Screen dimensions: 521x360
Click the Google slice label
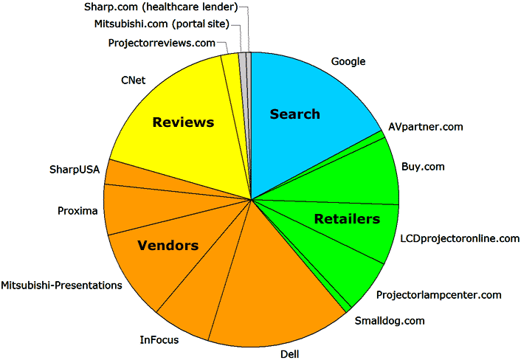[x=348, y=61]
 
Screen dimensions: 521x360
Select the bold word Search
[x=294, y=114]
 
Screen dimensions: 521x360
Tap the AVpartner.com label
[x=426, y=127]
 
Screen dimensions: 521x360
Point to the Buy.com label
[x=423, y=167]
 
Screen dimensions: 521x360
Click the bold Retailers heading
[x=347, y=219]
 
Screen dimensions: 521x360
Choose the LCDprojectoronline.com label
[x=460, y=238]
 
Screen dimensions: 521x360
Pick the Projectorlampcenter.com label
[x=438, y=295]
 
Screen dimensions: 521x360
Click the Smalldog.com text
[x=390, y=321]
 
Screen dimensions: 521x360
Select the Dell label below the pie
[x=290, y=354]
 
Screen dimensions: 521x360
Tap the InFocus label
[x=159, y=340]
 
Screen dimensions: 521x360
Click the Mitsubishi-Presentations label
[x=61, y=285]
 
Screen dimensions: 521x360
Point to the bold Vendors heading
[x=168, y=246]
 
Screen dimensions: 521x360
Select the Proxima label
[x=77, y=211]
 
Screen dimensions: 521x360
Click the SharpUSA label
[x=75, y=170]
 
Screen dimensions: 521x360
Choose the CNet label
[x=134, y=80]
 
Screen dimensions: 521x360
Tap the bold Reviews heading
[x=183, y=122]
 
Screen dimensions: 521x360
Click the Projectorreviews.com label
[x=162, y=44]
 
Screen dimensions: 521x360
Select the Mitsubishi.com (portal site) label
[x=162, y=24]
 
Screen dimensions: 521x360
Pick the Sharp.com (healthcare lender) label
[x=161, y=7]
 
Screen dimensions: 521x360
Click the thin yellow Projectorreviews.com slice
[x=232, y=86]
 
